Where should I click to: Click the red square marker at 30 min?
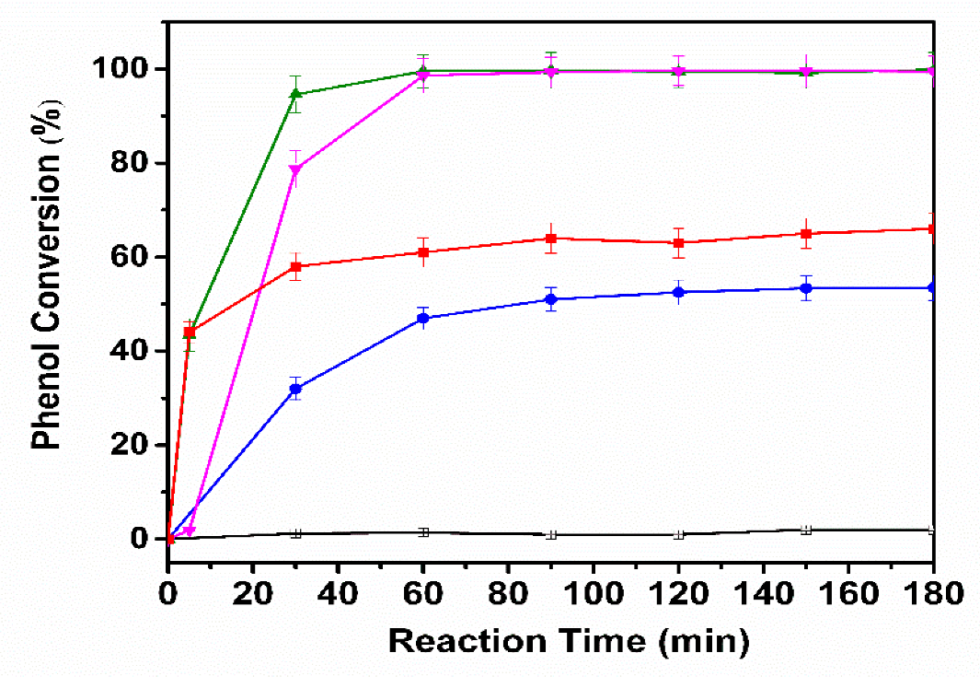296,267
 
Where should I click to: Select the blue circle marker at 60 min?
423,318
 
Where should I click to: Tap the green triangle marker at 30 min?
296,94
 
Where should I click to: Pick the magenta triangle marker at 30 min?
296,169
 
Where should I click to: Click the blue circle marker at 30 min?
296,389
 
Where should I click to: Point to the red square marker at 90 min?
551,239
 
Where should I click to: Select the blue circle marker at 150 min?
806,288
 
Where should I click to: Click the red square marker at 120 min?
679,243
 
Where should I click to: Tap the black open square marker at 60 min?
423,532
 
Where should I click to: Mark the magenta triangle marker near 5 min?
190,531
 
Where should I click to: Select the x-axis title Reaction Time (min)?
568,639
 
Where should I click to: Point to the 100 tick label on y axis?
124,70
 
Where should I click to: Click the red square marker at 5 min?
190,332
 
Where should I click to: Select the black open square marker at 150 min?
806,530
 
